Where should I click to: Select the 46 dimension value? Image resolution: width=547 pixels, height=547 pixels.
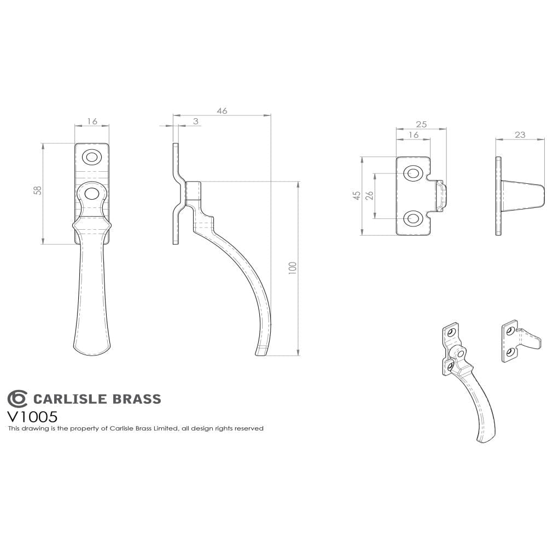click(x=222, y=110)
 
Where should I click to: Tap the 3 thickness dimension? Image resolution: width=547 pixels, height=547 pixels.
click(x=196, y=121)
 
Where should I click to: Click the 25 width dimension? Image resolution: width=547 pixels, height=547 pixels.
click(x=421, y=125)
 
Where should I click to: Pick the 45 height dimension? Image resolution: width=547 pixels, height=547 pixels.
click(x=357, y=196)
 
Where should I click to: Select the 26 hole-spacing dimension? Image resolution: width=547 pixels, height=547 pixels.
click(x=369, y=196)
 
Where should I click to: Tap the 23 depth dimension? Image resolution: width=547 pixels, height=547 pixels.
click(x=520, y=134)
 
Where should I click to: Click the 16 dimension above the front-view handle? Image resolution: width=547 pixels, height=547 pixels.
click(x=92, y=121)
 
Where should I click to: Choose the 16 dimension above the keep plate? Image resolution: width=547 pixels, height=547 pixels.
click(x=413, y=135)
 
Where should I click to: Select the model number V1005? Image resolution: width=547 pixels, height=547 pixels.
click(x=32, y=416)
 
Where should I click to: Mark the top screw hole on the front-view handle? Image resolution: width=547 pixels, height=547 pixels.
click(x=92, y=157)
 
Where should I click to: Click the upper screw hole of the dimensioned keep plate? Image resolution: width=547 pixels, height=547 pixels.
click(x=412, y=173)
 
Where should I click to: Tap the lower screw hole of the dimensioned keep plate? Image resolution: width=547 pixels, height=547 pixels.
click(x=412, y=218)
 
